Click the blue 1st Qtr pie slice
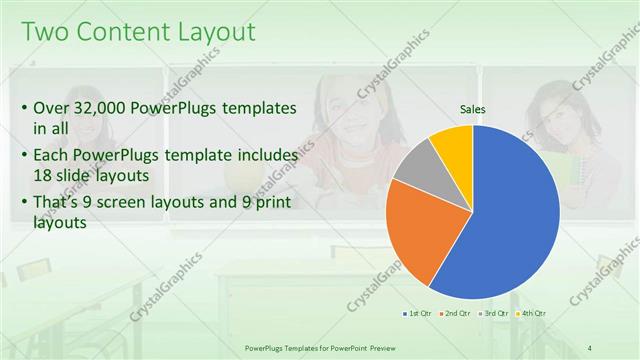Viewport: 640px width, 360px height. pos(510,220)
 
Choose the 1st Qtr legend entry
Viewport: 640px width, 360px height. pos(417,314)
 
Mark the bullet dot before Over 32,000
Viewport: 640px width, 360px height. pos(24,108)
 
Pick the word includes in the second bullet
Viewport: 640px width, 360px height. pos(266,155)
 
